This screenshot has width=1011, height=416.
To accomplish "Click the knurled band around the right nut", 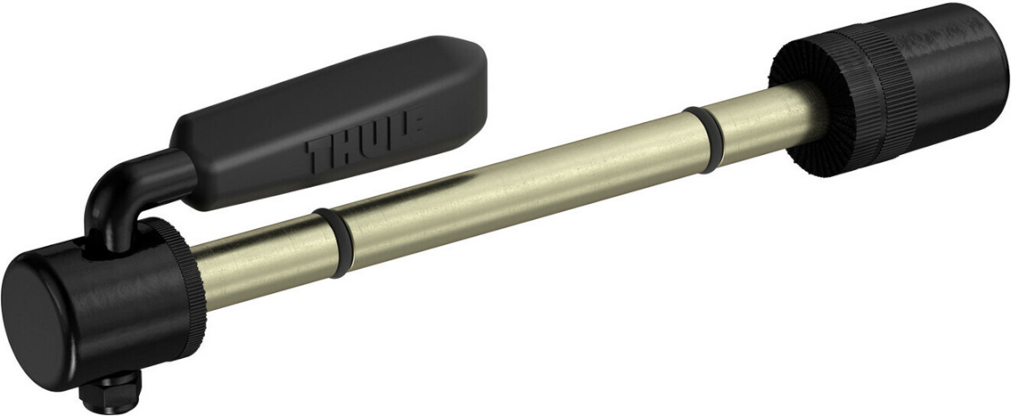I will (x=868, y=84).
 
